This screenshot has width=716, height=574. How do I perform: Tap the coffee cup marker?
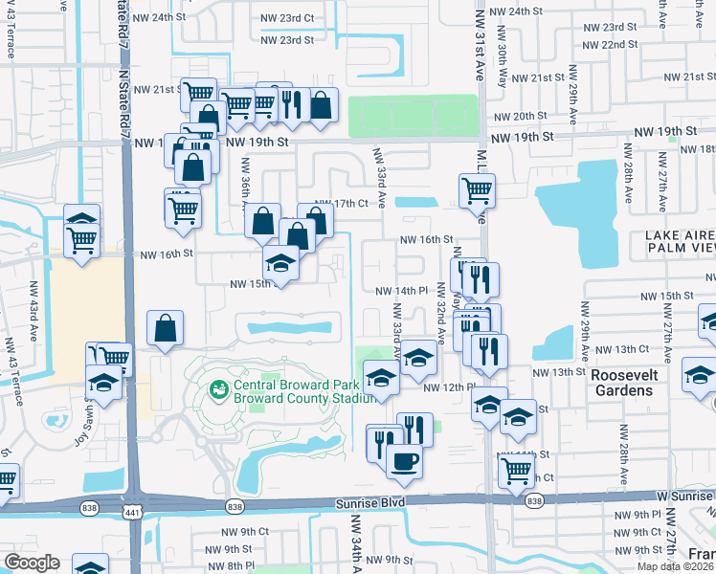[403, 461]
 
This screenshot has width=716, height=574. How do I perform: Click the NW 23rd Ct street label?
[288, 17]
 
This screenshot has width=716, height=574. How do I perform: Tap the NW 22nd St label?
[608, 45]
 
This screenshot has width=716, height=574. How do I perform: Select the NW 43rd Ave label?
[10, 355]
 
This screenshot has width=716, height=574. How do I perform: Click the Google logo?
[32, 562]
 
